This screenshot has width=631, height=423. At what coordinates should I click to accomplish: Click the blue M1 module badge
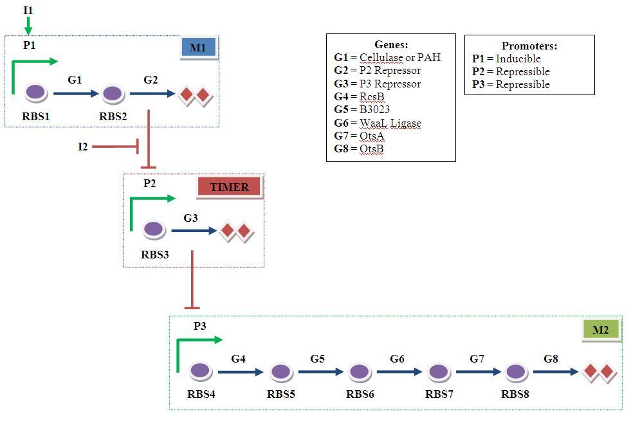(198, 48)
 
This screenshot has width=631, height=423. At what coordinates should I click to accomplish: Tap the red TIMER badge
(230, 187)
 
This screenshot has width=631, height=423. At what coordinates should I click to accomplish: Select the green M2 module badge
(600, 330)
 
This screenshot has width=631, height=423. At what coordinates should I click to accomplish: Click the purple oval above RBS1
(37, 93)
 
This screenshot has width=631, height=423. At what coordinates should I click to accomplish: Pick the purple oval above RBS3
(153, 229)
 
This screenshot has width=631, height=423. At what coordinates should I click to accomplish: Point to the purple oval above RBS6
(359, 371)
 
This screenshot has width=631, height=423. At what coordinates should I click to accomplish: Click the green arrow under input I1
(28, 26)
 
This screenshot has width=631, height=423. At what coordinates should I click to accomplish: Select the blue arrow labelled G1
(75, 94)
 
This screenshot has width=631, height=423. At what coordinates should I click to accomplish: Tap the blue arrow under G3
(194, 230)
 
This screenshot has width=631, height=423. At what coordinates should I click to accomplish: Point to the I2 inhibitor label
(83, 147)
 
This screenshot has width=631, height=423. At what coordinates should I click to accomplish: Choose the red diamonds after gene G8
(599, 372)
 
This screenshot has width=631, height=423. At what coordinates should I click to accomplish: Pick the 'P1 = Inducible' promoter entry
(506, 59)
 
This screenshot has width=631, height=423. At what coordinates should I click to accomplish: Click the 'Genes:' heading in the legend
(390, 45)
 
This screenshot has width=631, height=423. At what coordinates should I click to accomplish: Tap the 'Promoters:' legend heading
(529, 46)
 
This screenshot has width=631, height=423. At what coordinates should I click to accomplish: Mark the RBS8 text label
(515, 394)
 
